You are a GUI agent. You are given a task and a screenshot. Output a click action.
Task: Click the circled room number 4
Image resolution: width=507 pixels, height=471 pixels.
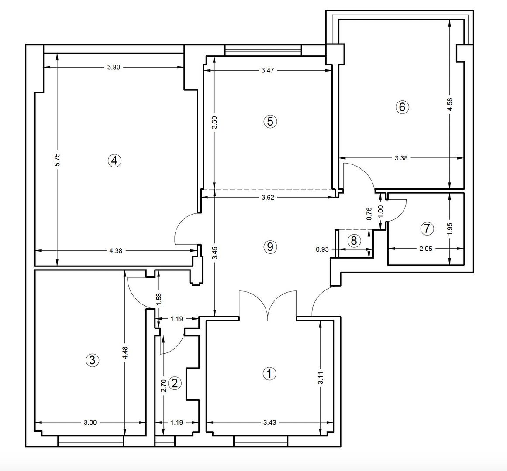(x=114, y=160)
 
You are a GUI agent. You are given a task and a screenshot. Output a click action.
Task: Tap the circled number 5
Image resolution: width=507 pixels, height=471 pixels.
(x=270, y=121)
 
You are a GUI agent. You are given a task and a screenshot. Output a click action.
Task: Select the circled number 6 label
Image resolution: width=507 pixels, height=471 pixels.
(x=402, y=106)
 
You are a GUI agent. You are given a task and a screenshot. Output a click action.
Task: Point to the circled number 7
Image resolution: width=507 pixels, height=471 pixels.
(x=427, y=228)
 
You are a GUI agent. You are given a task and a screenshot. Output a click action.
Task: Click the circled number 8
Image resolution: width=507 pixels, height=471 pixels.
(x=354, y=240)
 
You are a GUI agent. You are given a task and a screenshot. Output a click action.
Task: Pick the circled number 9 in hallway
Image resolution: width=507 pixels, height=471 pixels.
(x=270, y=247)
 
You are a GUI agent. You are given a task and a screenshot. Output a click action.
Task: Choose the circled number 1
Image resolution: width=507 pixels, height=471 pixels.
(x=269, y=373)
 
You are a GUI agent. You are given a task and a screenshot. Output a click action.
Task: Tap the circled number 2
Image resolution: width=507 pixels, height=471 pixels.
(x=175, y=383)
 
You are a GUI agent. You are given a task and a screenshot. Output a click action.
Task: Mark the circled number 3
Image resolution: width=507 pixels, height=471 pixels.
(x=92, y=360)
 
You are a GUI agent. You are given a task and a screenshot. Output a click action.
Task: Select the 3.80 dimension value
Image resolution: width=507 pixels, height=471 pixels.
(x=114, y=67)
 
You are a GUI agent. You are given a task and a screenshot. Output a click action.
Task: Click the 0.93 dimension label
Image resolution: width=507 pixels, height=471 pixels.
(x=322, y=249)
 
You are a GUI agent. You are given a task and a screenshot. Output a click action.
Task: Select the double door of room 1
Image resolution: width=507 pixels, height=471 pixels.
(x=268, y=305)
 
